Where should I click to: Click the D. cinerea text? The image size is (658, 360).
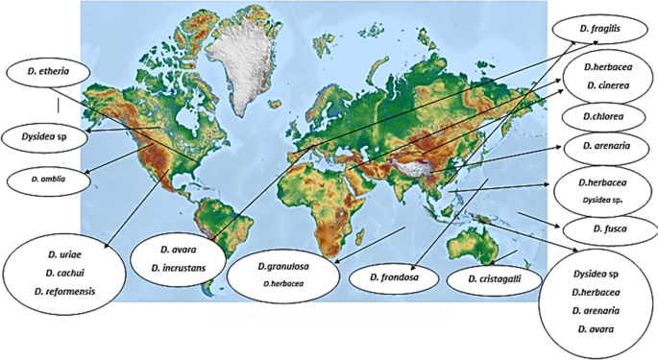click(604, 85)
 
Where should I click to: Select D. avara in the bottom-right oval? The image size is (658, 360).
click(596, 329)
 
